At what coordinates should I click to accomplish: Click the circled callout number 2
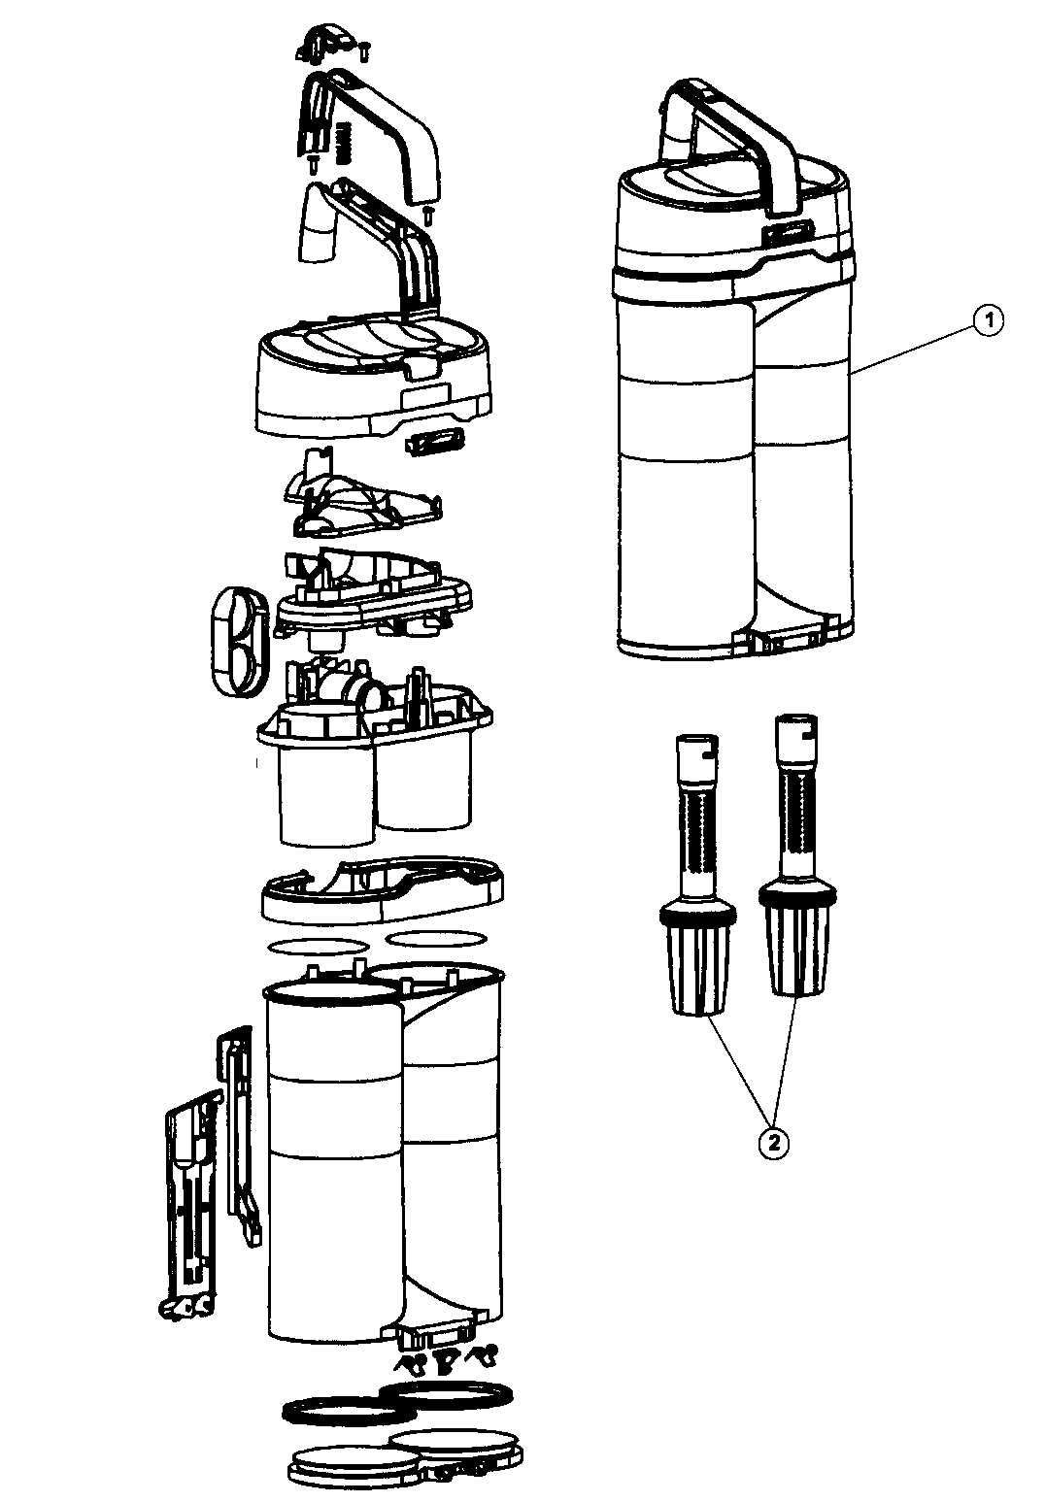coord(772,1143)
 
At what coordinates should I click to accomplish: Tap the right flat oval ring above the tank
coord(436,938)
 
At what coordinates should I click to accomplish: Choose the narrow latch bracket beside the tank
coord(238,1126)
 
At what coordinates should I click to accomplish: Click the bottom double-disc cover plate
coord(408,1456)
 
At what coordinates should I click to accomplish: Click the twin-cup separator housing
coord(374,757)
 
